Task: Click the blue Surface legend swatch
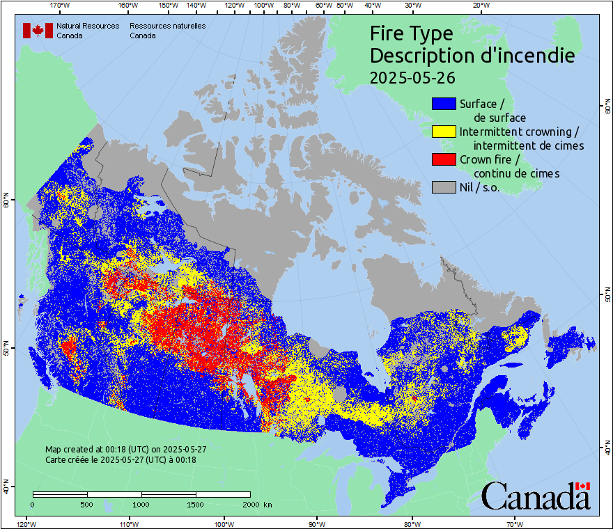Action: tap(444, 104)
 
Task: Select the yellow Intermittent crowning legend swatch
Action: tap(444, 132)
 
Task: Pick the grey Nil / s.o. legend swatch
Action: tap(444, 187)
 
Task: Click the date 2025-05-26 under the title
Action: tap(403, 78)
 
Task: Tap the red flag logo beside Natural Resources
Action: tap(38, 31)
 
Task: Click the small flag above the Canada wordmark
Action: tap(583, 486)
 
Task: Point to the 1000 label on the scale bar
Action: tap(141, 504)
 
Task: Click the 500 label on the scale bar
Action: tap(87, 504)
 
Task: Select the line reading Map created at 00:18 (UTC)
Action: tap(125, 450)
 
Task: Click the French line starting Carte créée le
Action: tap(121, 459)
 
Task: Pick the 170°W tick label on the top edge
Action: tap(61, 6)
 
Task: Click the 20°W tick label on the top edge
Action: tap(480, 6)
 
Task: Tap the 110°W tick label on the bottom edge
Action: tap(127, 523)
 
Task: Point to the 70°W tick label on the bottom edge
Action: tap(514, 523)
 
